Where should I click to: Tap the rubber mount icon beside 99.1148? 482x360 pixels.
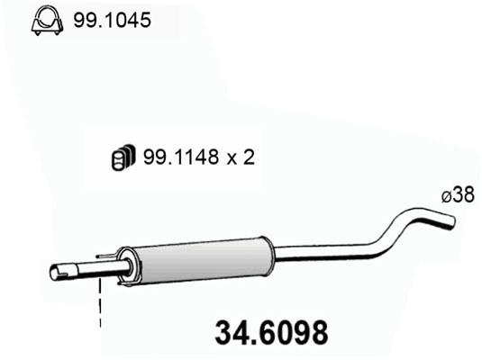(x=122, y=157)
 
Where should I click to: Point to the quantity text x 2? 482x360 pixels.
(x=241, y=157)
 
